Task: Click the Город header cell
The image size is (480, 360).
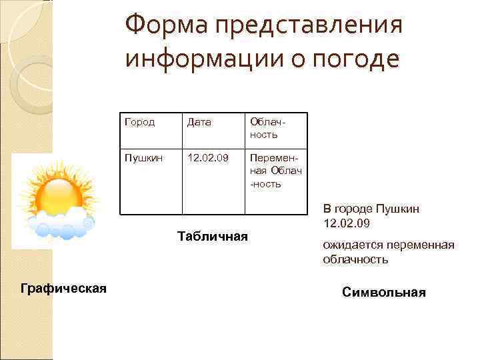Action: [x=139, y=122]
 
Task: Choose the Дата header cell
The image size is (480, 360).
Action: [x=199, y=122]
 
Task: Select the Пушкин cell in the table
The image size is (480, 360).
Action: [x=141, y=159]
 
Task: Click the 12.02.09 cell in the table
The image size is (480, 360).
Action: [x=207, y=159]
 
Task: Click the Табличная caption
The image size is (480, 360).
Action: [x=213, y=236]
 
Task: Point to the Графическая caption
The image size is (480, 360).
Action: [x=64, y=288]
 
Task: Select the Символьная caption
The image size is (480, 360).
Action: [x=383, y=292]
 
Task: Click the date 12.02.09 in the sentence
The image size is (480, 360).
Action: [x=347, y=222]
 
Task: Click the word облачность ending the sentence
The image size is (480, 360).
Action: [x=355, y=259]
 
